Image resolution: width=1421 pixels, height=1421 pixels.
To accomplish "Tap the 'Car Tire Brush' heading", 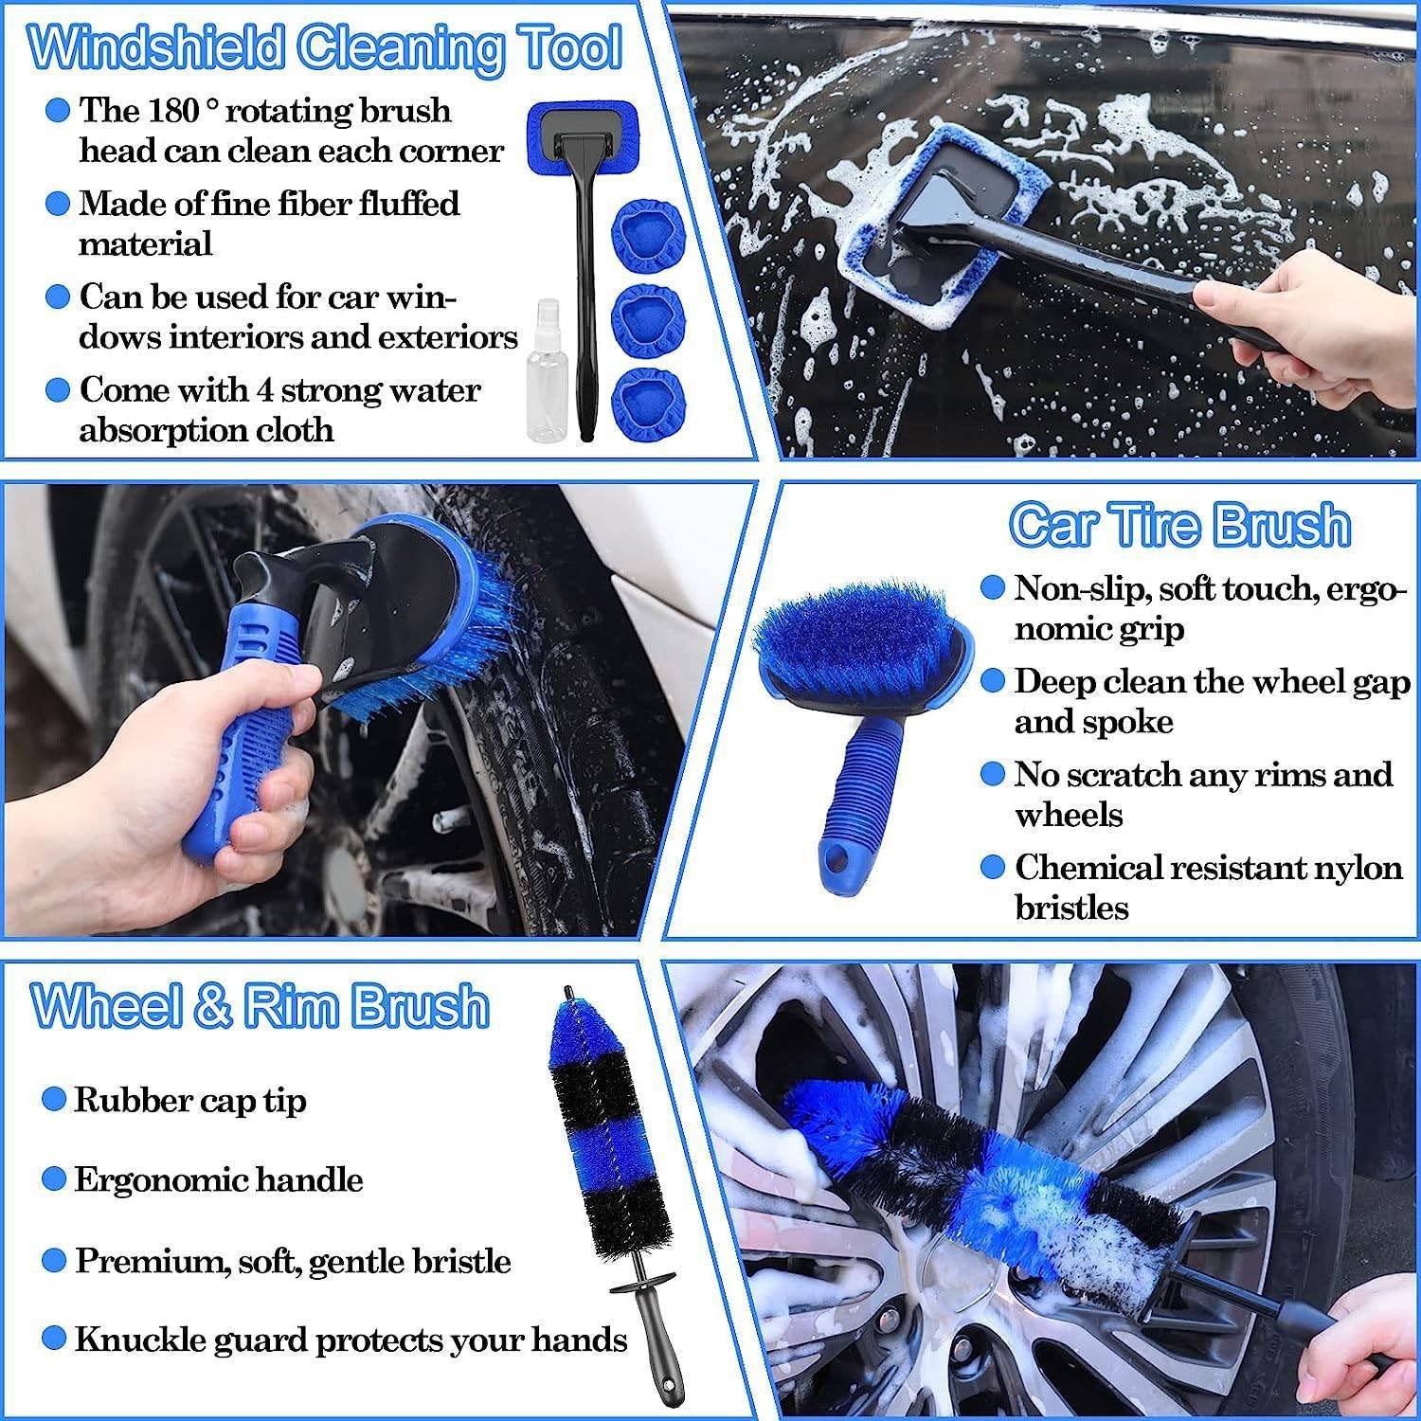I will click(x=1179, y=524).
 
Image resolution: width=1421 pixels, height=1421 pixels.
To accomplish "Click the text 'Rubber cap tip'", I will click(x=189, y=1100).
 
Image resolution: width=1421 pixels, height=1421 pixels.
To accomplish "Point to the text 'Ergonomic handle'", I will click(x=218, y=1179).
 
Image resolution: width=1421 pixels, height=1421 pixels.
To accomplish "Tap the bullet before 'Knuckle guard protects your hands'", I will click(x=55, y=1339).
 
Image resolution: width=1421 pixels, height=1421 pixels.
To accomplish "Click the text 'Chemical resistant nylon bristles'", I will click(x=1207, y=887).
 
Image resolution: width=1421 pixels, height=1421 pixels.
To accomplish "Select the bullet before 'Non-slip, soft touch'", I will click(x=992, y=588).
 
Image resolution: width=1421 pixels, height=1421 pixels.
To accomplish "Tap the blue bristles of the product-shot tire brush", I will click(x=848, y=625).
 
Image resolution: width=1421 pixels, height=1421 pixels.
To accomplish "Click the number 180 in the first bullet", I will click(x=173, y=111).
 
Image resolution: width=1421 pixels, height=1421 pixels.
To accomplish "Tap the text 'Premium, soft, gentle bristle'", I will click(x=293, y=1260).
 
